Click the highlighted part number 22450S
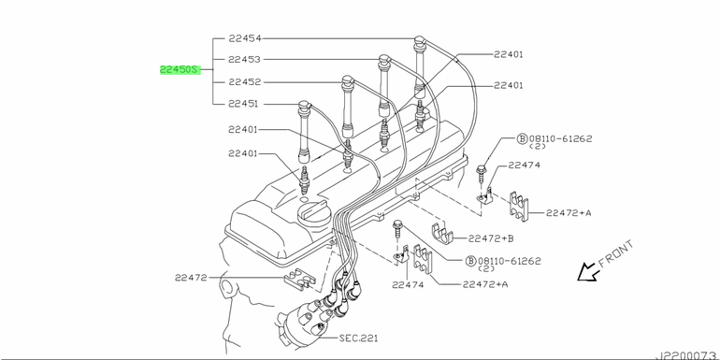click(x=180, y=70)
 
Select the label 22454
click(x=245, y=38)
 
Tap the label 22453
click(x=245, y=59)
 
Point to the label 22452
click(x=245, y=82)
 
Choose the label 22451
click(x=243, y=104)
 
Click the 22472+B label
click(x=490, y=238)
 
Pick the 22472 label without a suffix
click(x=191, y=278)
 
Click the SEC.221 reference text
click(x=358, y=338)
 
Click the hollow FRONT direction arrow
click(x=588, y=273)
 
